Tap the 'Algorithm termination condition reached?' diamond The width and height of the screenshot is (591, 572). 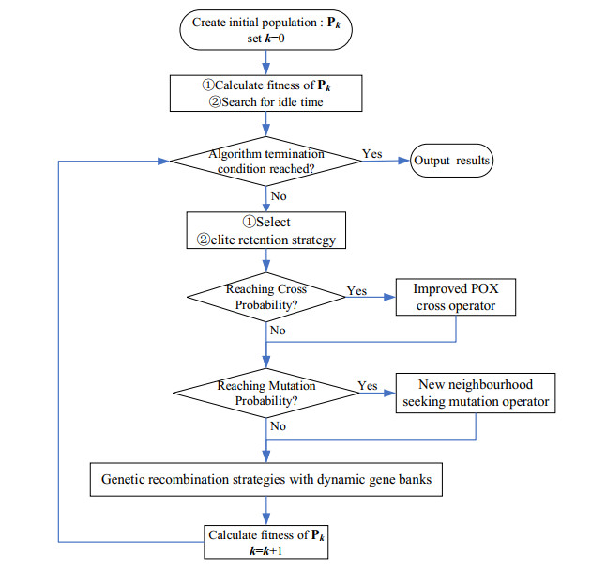click(267, 161)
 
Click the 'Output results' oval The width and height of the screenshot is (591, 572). click(451, 161)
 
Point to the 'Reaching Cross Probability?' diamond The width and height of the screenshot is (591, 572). click(267, 298)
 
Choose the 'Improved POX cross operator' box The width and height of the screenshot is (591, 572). click(457, 298)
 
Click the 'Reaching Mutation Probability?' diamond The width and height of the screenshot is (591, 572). click(267, 394)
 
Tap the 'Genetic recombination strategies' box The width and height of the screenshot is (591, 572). click(266, 480)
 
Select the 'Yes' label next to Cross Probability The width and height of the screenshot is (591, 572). click(357, 290)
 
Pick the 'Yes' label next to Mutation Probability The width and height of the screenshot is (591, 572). click(369, 386)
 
